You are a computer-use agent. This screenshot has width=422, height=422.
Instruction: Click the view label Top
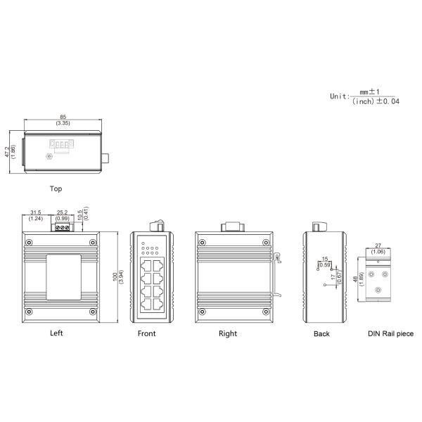point(56,188)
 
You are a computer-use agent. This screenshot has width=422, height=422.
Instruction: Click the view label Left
point(57,333)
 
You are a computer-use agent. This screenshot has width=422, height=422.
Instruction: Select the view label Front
point(146,334)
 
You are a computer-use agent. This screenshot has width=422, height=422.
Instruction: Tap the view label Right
point(228,333)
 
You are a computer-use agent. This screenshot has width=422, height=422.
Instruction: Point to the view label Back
point(321,334)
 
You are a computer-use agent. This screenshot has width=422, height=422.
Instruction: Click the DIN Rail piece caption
point(390,334)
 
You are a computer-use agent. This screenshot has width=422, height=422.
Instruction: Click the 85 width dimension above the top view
point(63,117)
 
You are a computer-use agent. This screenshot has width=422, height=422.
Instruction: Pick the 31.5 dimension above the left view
point(36,212)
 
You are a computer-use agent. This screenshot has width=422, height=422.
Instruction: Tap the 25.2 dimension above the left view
point(62,212)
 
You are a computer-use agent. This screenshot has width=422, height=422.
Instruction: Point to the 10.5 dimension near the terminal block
point(79,212)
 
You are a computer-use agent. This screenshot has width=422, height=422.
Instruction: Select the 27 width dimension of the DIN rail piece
point(378,245)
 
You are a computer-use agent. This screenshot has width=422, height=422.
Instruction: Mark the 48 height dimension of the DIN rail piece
point(355,279)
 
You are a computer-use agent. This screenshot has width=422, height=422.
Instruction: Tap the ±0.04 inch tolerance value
point(387,101)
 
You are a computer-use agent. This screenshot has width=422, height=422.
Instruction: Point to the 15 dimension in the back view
point(324,260)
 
